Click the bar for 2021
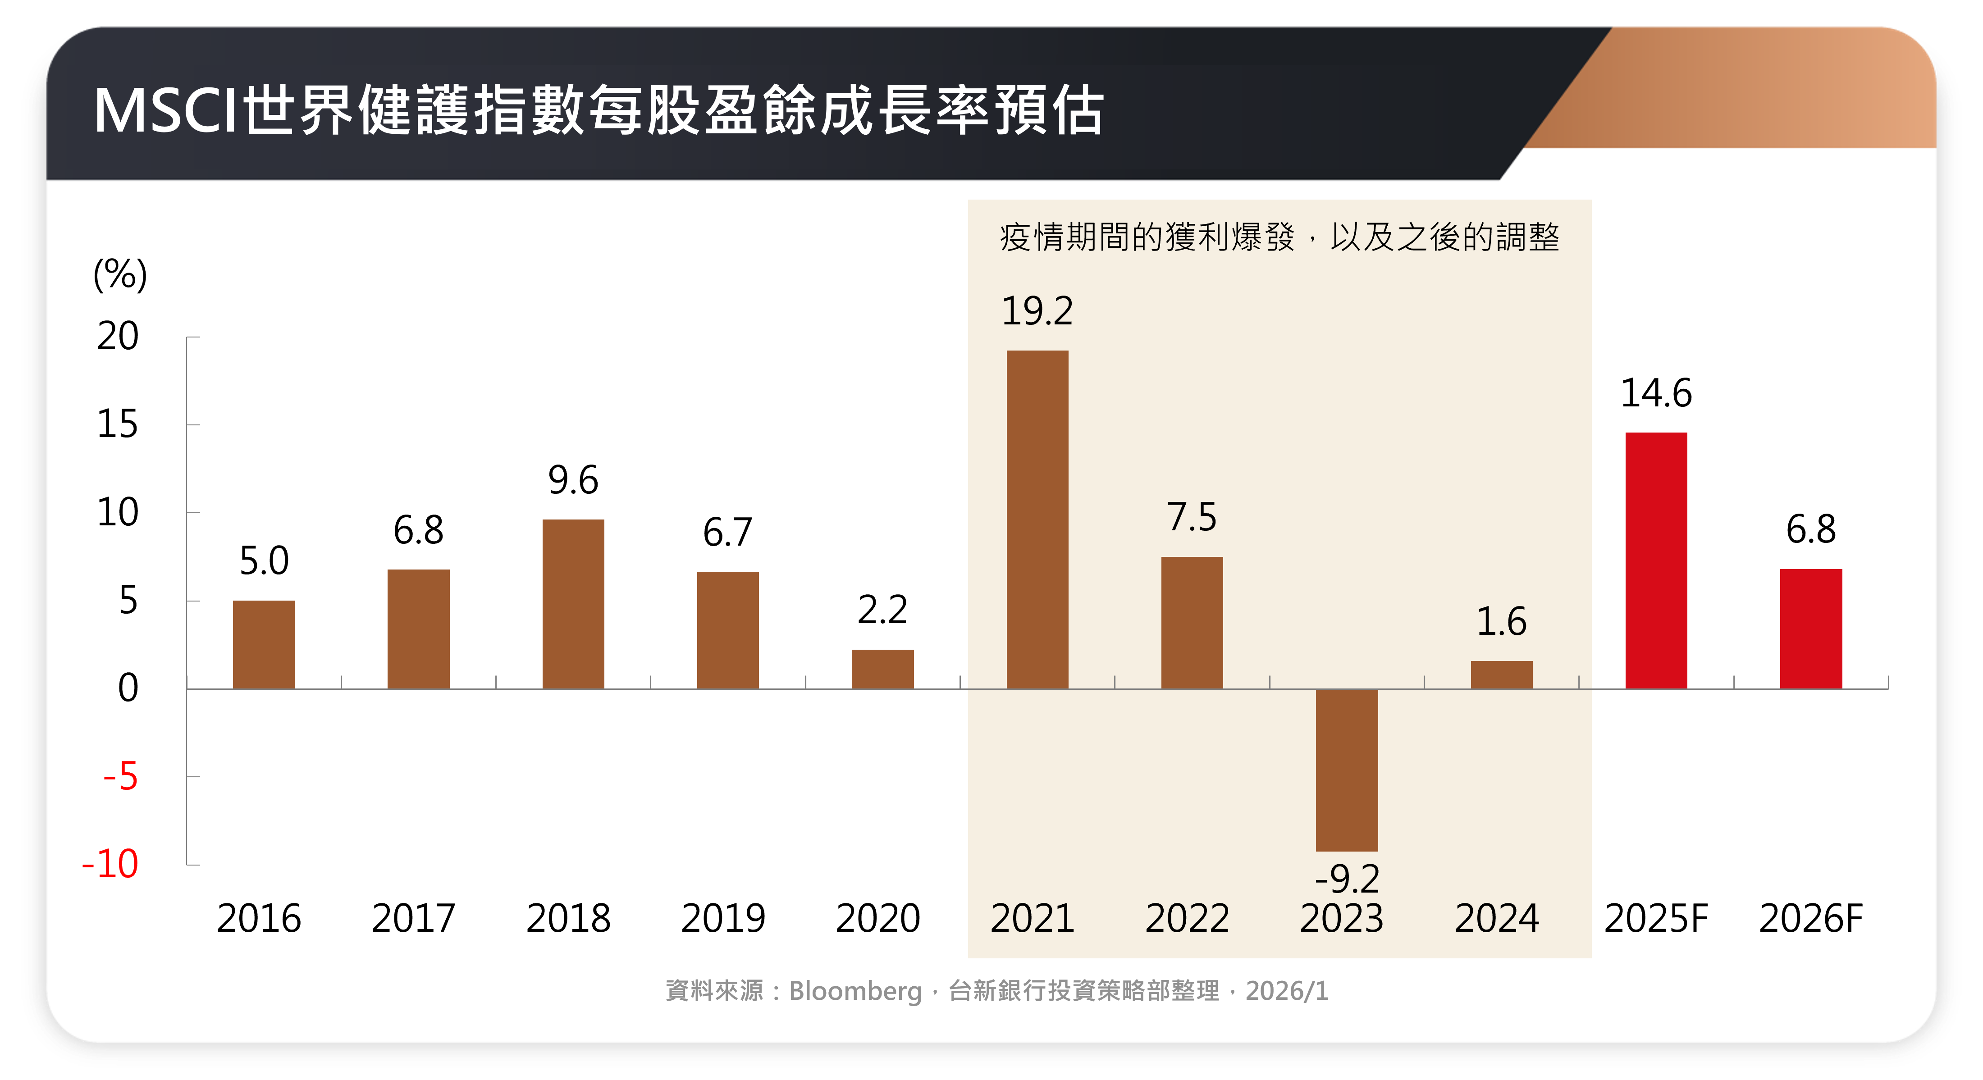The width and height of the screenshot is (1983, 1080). tap(1037, 519)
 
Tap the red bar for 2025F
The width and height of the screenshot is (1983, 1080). tap(1656, 561)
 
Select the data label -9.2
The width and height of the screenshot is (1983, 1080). tap(1347, 878)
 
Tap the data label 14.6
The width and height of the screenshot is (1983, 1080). tap(1656, 393)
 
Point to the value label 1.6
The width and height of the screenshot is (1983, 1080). tap(1501, 622)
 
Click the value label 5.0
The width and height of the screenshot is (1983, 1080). tap(264, 561)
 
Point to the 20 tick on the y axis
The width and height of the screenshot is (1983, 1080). tap(118, 337)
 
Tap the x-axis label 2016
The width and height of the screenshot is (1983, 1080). tap(259, 918)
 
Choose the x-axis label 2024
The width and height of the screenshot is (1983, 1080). tap(1496, 918)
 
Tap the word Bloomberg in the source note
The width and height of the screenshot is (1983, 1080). tap(855, 991)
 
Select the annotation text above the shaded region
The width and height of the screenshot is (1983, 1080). tap(1279, 237)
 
